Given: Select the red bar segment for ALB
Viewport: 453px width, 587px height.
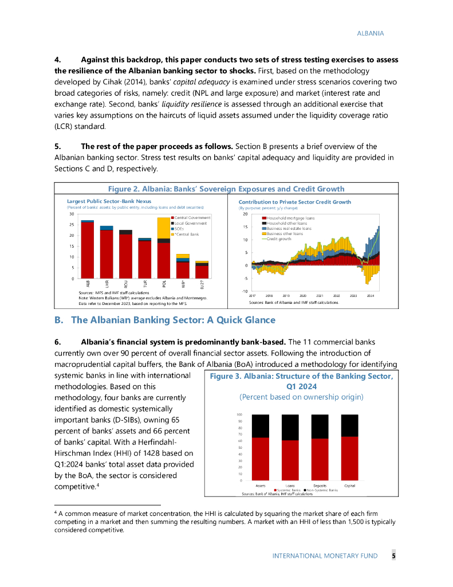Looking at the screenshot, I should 88,250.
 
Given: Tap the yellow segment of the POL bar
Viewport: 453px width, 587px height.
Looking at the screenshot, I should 164,228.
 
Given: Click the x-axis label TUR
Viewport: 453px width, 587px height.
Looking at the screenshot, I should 145,284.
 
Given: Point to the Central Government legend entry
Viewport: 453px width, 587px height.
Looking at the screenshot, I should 192,218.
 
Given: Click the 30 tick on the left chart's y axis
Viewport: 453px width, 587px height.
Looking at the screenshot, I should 72,214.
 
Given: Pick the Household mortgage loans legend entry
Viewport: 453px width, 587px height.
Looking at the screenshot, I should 290,218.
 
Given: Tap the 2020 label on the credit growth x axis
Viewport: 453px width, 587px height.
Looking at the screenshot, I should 303,295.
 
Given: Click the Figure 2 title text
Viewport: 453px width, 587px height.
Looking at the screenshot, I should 226,189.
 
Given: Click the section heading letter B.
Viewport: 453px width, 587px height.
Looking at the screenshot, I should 58,320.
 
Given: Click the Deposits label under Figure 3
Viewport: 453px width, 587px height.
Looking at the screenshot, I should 320,486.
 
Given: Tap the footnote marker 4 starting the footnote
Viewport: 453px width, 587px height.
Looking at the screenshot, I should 56,511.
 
